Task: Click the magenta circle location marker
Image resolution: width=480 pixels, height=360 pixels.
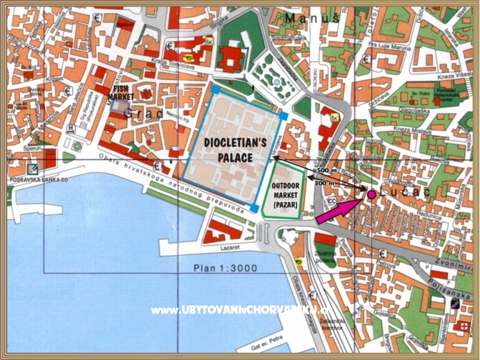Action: click(371, 194)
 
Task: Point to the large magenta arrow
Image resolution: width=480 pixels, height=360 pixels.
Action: click(338, 212)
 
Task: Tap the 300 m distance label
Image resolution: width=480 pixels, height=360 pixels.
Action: click(324, 182)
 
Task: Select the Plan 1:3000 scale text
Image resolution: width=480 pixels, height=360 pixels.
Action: click(225, 268)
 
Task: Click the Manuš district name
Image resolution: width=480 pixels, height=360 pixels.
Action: click(312, 19)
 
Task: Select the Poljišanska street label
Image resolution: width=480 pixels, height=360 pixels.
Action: click(447, 284)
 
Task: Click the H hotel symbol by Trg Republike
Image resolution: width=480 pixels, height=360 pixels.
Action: click(72, 128)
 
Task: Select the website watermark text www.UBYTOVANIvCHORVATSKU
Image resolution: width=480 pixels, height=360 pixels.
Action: click(240, 310)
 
